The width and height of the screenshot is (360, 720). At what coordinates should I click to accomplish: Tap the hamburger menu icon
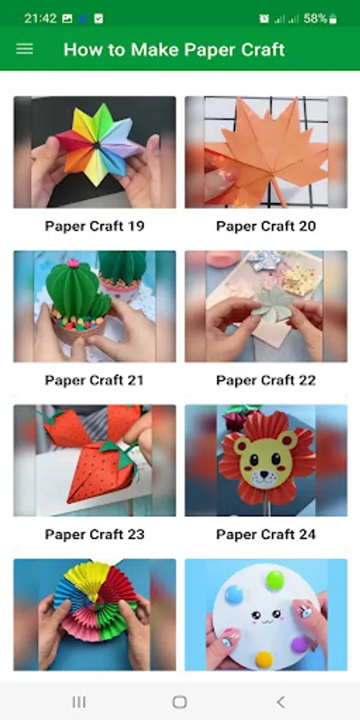tap(24, 49)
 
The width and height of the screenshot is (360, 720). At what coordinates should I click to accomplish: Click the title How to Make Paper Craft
tap(174, 50)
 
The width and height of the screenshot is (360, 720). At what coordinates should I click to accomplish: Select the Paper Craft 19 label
tap(94, 226)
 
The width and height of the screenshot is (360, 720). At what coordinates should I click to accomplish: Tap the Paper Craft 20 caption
tap(266, 226)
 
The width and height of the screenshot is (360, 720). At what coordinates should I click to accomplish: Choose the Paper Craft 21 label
tap(94, 380)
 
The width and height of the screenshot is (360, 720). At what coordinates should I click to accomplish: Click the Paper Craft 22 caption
tap(266, 380)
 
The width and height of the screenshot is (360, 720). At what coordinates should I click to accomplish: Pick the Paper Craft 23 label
tap(94, 534)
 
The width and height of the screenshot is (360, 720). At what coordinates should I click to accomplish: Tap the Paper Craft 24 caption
tap(266, 534)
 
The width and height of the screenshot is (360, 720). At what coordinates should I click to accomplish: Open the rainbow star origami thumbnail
tap(94, 152)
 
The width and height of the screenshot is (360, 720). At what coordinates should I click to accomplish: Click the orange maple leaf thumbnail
tap(266, 152)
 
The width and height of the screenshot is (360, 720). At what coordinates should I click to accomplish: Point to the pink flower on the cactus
tap(72, 262)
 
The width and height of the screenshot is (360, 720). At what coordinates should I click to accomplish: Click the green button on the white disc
tap(275, 580)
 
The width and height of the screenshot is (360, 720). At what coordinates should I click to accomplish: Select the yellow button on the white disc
tap(264, 659)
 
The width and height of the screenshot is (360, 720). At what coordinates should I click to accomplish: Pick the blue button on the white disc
tap(234, 594)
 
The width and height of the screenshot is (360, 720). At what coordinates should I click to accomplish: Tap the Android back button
tap(281, 702)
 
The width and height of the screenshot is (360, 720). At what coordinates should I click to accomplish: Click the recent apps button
tap(79, 702)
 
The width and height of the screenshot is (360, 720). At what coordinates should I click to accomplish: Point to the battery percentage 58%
tap(315, 18)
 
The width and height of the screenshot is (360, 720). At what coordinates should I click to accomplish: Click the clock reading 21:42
tap(41, 18)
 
